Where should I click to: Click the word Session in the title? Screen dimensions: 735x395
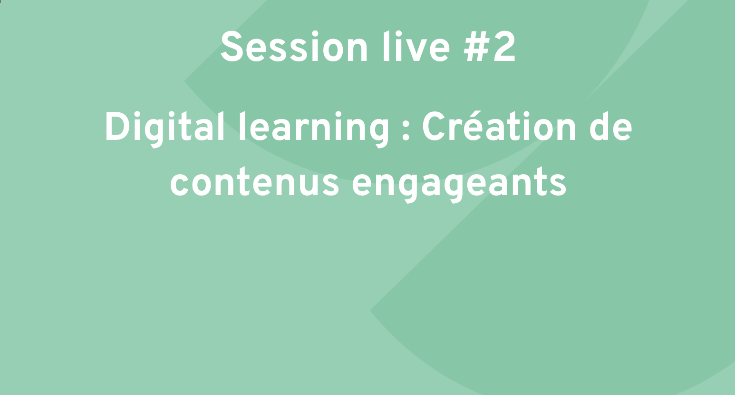(294, 47)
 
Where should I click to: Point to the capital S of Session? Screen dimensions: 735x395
(232, 47)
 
